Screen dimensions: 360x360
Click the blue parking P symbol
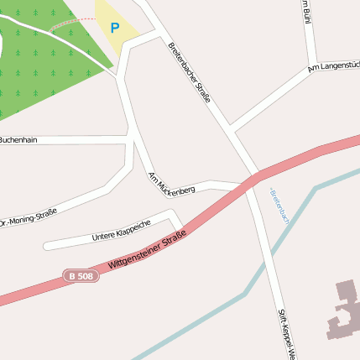pos(115,28)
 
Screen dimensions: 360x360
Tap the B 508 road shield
pos(81,275)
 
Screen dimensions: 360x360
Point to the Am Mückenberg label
pos(171,183)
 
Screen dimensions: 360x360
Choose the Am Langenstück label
pos(334,65)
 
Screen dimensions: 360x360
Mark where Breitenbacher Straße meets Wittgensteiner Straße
pos(253,180)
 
